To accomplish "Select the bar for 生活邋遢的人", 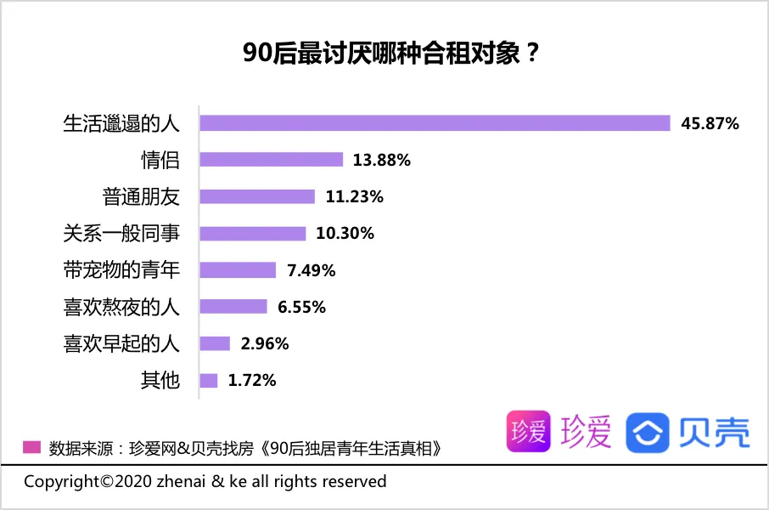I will (x=435, y=123).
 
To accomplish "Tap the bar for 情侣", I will (x=271, y=160).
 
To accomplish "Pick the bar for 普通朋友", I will (x=257, y=196).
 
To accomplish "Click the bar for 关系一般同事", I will (x=252, y=233).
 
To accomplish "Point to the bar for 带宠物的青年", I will (x=238, y=270).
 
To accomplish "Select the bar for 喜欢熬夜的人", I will (x=233, y=307).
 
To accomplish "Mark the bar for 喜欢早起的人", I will (x=215, y=343).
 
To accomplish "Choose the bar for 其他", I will (x=209, y=380).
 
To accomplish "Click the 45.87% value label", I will (x=710, y=123).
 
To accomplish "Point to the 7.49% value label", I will (x=312, y=270).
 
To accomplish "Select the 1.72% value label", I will (x=252, y=380).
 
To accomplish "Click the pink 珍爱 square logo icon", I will (x=528, y=432).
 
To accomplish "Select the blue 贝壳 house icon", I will (x=648, y=432).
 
